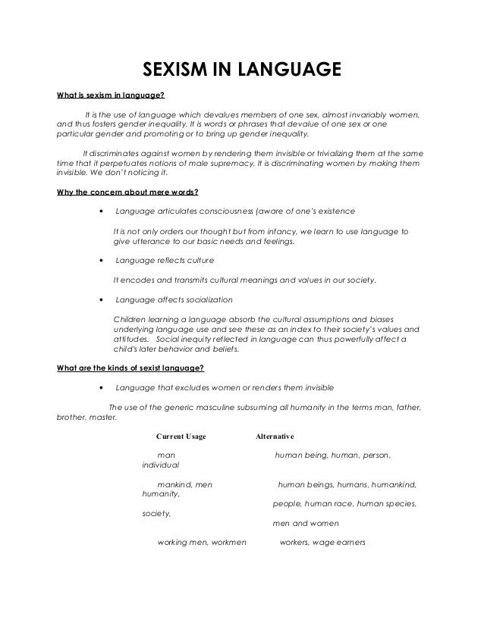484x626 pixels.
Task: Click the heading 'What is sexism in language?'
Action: [111, 96]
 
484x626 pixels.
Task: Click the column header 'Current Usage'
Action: [181, 437]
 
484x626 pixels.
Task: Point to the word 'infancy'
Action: [294, 230]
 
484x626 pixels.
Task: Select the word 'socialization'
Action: [209, 299]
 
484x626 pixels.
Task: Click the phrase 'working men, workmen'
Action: [201, 543]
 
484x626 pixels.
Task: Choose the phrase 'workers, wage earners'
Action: [323, 543]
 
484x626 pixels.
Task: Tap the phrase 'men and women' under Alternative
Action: [306, 523]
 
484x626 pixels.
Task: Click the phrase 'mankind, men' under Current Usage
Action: [184, 484]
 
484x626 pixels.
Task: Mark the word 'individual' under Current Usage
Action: [161, 464]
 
